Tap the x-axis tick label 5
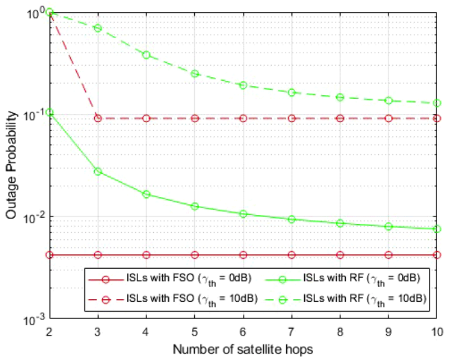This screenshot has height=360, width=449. [x=195, y=333]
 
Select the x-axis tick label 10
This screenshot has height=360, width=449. [x=437, y=333]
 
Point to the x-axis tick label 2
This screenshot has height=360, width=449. [x=49, y=333]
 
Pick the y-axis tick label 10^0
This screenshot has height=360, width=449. [x=35, y=12]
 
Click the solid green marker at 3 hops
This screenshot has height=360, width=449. [x=98, y=171]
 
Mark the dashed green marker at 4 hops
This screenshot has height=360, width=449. [x=146, y=55]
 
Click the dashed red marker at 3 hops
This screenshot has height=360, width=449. [x=98, y=118]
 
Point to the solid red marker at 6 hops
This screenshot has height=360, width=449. [x=243, y=255]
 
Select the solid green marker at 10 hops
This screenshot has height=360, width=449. [x=437, y=229]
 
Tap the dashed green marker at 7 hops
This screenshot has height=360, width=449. [x=291, y=92]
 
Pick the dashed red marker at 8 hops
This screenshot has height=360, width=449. [x=340, y=118]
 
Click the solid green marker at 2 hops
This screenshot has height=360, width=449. [x=49, y=113]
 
